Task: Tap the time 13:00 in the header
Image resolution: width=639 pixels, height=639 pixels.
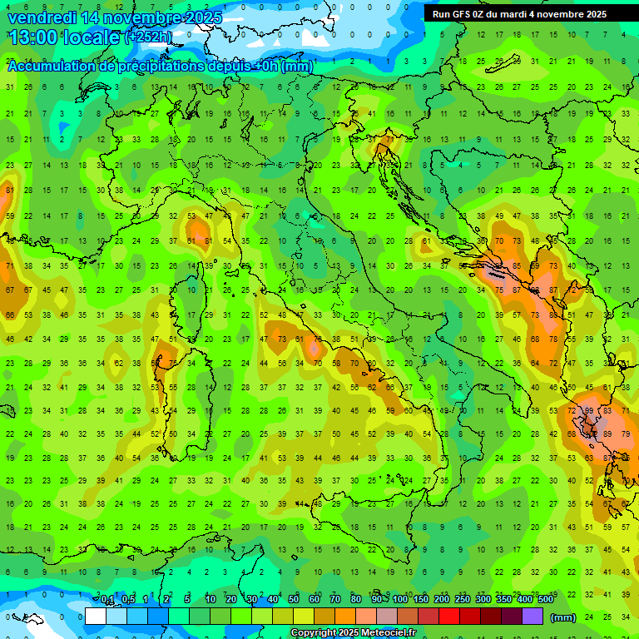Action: (31, 37)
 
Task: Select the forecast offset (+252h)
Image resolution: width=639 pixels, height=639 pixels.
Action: (148, 37)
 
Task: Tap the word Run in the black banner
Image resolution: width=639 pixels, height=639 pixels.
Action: (440, 14)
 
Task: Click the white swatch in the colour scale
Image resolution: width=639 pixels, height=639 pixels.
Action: (95, 617)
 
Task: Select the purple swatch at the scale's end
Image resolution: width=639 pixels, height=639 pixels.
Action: (532, 617)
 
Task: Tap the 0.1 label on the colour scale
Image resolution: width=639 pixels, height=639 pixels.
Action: (106, 600)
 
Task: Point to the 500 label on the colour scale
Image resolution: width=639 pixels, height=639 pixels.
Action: (545, 600)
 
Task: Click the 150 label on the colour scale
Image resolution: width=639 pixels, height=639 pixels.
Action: (421, 600)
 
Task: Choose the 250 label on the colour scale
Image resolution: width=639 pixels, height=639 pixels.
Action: (463, 600)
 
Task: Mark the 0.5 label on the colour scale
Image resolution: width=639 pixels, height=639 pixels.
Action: (127, 600)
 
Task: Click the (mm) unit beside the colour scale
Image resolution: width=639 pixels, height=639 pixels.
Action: (563, 617)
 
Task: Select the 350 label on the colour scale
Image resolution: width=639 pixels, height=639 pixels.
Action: (504, 600)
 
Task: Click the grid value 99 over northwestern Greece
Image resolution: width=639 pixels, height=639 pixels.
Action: (588, 410)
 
